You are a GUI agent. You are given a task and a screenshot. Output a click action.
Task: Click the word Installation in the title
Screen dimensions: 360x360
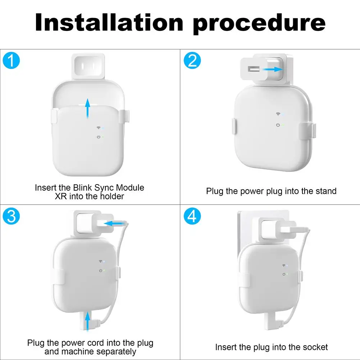(x=109, y=22)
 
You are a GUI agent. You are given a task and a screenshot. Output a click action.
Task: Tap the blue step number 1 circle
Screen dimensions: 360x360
(x=11, y=60)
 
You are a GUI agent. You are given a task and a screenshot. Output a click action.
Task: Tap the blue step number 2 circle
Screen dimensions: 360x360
(x=192, y=60)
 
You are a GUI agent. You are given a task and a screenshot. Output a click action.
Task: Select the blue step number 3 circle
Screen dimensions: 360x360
(x=11, y=216)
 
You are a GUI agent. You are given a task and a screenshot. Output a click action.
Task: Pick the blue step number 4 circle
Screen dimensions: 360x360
(x=192, y=216)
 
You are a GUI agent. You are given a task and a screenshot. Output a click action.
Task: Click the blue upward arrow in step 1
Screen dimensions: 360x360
(x=87, y=108)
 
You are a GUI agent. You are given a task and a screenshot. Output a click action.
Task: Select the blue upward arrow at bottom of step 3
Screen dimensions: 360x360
(x=87, y=322)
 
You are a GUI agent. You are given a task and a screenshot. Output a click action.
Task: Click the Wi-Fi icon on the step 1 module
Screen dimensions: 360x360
(x=98, y=128)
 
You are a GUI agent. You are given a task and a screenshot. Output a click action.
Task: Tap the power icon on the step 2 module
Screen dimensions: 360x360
(x=278, y=125)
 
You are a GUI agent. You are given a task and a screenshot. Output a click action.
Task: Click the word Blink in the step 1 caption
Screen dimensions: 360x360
(x=83, y=188)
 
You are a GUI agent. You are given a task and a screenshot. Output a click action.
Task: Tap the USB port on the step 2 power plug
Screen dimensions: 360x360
(x=254, y=69)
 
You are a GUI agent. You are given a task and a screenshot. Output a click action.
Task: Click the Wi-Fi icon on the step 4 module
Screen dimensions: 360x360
(x=284, y=265)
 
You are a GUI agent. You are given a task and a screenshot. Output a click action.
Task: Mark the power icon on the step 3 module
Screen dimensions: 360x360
(x=101, y=271)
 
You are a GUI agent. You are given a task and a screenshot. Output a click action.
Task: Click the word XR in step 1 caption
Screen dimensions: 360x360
(x=61, y=196)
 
